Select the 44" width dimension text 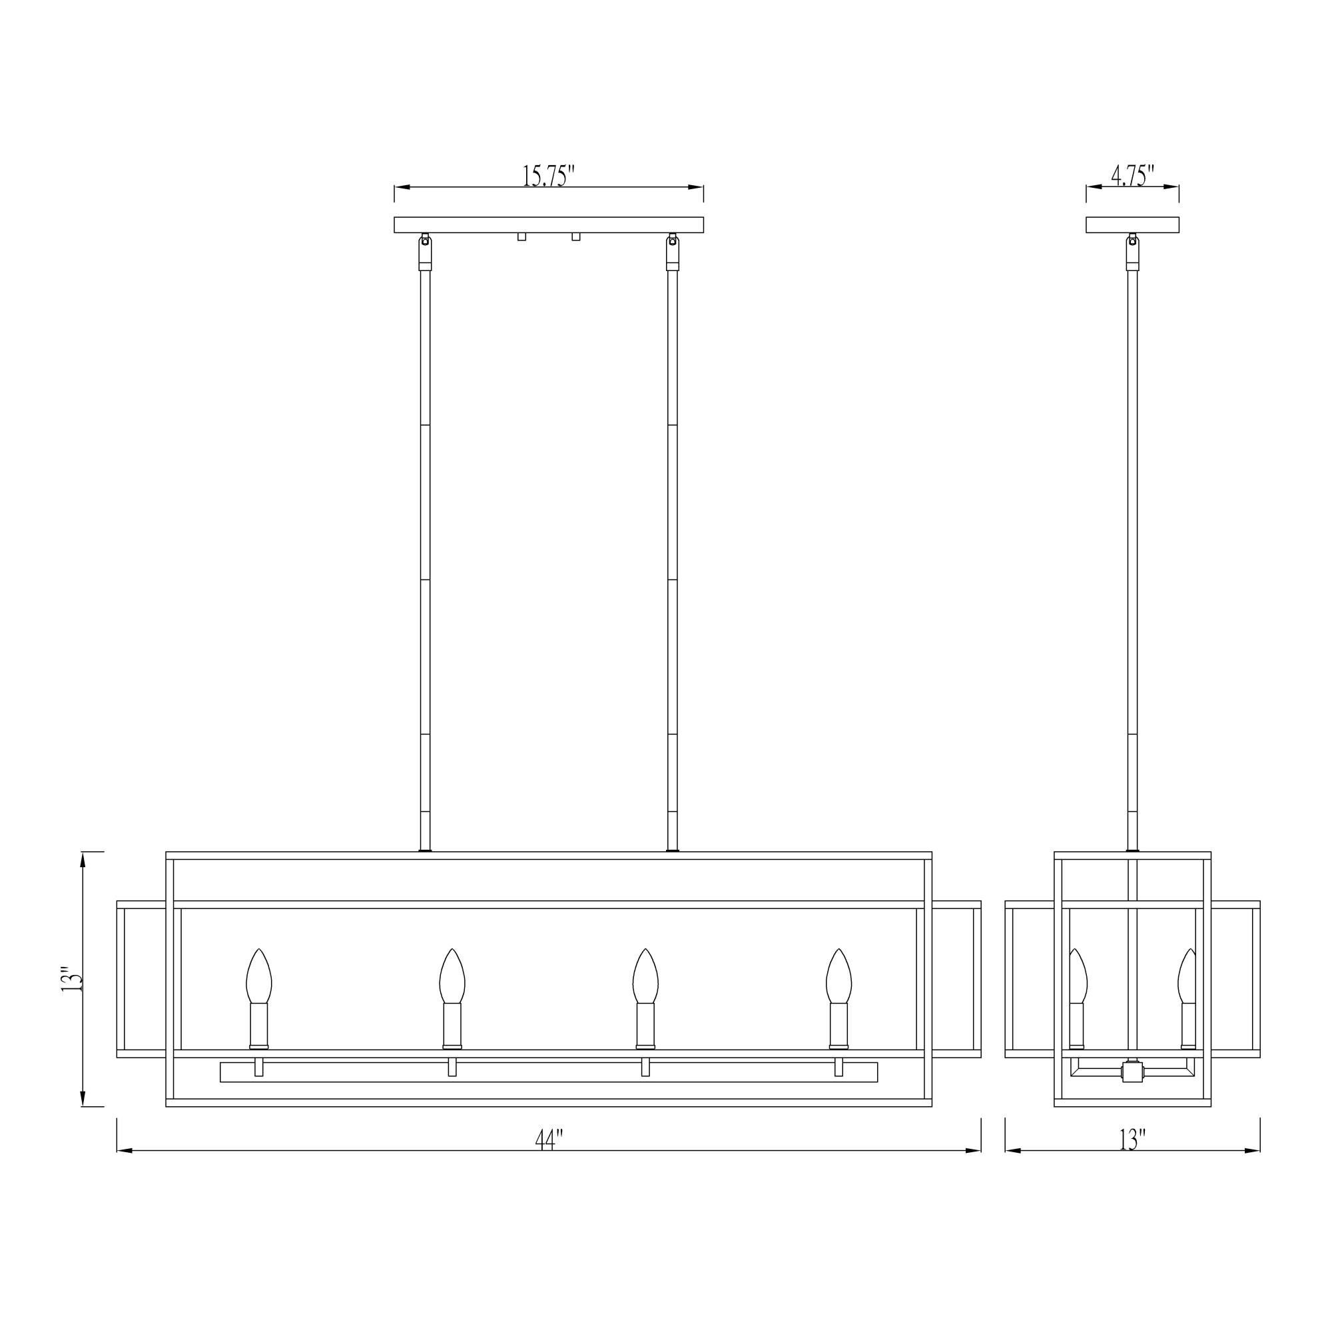tap(549, 1140)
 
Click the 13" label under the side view tap(1132, 1140)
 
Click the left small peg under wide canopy tap(522, 237)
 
